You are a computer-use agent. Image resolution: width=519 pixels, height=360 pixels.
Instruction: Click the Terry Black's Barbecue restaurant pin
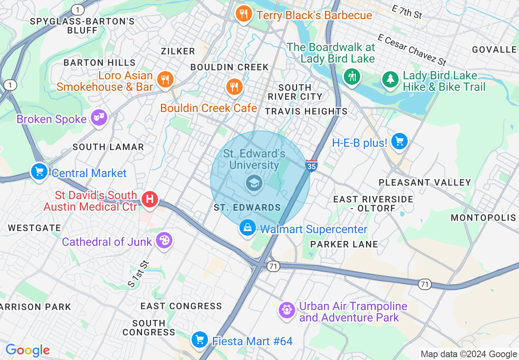coord(244,15)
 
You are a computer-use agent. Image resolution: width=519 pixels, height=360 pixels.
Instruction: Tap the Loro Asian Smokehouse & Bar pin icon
coord(165,79)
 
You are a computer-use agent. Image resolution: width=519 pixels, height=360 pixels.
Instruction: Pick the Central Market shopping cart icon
coord(39,172)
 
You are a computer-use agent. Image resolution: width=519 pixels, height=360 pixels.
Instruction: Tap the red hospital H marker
coord(150,200)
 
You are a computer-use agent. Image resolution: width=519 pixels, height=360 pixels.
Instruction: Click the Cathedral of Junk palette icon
coord(164,241)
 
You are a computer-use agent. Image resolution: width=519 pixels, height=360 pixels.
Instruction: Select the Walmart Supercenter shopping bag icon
coord(248,228)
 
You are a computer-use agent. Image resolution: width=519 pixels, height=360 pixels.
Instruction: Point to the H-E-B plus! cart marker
coord(399,142)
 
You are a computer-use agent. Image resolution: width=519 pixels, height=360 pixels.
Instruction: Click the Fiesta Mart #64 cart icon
coord(200,340)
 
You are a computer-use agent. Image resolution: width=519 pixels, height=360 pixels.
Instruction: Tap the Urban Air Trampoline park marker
coord(287,310)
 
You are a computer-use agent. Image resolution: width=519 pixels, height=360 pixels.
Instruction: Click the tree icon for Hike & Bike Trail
coord(390,79)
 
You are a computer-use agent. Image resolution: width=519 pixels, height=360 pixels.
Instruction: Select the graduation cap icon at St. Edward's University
coord(254,183)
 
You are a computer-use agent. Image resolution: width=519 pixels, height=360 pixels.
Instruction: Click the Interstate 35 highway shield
coord(311,165)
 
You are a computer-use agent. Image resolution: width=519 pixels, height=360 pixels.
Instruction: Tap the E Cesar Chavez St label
coord(411,50)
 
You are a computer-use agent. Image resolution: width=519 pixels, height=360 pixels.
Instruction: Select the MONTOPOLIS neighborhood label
coord(483,218)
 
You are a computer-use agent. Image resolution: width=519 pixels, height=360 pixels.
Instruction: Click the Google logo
coord(27,350)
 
